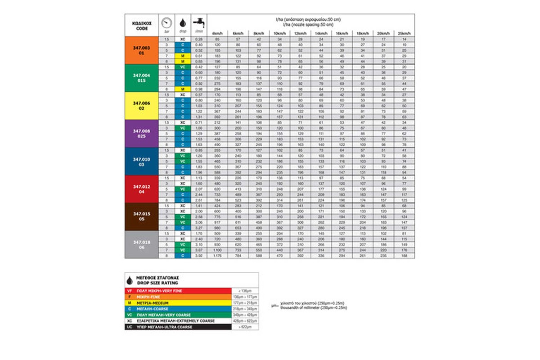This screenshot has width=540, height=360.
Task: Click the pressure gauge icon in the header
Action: (x=167, y=23)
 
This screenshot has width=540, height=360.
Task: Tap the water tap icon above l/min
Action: (x=198, y=22)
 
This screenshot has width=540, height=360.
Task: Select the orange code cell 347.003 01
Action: (x=141, y=49)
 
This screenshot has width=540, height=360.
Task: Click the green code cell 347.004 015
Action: (x=141, y=77)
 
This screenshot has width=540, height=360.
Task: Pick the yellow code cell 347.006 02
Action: (x=141, y=105)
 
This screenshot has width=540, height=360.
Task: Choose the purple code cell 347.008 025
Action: (x=141, y=133)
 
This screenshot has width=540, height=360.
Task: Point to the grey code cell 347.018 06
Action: (x=141, y=244)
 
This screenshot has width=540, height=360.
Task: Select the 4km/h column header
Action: (x=217, y=34)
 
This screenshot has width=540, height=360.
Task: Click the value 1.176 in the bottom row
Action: (x=217, y=256)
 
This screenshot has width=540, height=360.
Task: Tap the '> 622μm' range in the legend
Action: (x=245, y=327)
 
